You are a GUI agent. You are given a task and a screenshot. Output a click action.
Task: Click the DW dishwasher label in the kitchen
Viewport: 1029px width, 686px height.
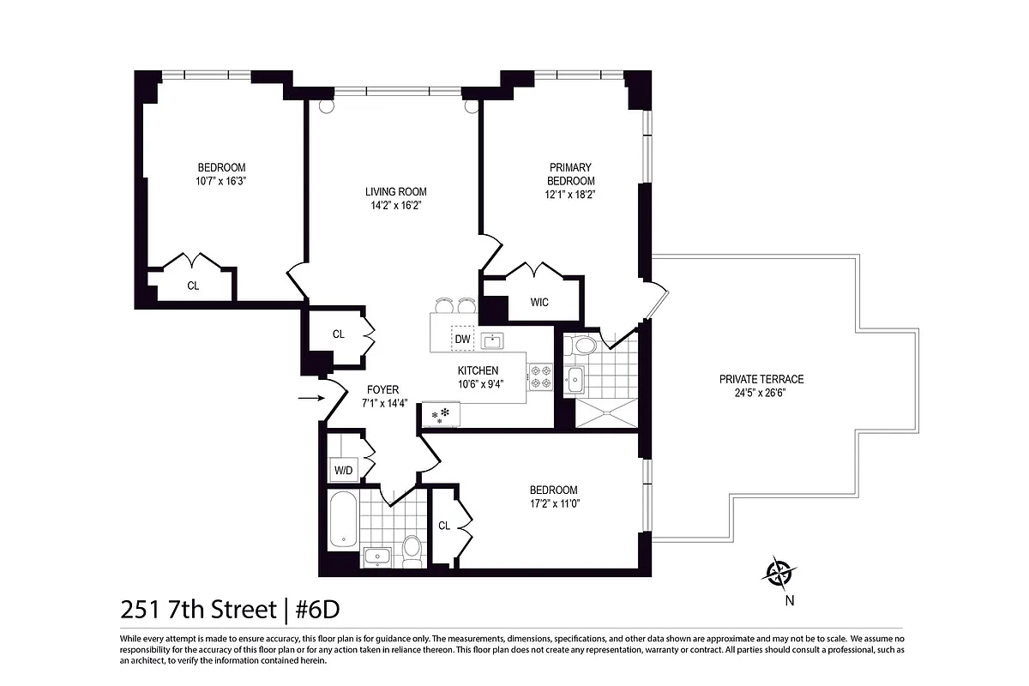(x=462, y=340)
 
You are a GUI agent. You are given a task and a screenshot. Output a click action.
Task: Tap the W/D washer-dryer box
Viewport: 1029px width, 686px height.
(x=343, y=470)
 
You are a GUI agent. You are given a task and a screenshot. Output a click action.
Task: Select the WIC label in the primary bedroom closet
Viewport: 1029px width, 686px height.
(x=539, y=303)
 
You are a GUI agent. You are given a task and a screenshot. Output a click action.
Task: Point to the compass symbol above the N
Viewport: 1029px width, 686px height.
(x=779, y=572)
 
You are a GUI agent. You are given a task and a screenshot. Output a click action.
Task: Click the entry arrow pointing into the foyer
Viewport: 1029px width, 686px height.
(x=308, y=398)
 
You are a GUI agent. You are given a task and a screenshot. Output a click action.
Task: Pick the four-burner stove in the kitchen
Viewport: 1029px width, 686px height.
(x=540, y=378)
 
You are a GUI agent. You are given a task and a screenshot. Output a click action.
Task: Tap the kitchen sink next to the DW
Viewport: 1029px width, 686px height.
(x=492, y=340)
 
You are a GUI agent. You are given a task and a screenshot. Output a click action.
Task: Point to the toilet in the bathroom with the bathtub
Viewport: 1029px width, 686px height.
(x=412, y=547)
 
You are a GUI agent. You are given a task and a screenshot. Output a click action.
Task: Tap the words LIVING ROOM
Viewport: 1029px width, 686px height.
(x=395, y=191)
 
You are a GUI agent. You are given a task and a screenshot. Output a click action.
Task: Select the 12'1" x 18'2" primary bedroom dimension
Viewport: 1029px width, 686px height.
(x=571, y=194)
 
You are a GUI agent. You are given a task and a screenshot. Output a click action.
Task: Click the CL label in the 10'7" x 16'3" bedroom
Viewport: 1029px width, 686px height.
(x=193, y=286)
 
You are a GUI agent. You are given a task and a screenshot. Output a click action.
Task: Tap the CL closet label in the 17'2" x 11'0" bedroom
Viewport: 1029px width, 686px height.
(x=444, y=526)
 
